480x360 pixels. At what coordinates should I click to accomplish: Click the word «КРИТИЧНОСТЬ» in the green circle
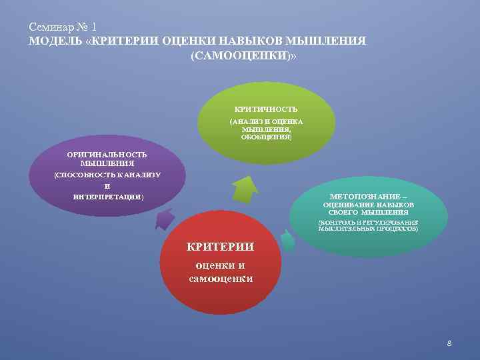click(x=266, y=109)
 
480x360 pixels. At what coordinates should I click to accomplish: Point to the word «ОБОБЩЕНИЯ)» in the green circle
click(x=266, y=137)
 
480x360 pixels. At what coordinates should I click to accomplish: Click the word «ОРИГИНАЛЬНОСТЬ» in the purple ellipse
click(x=107, y=155)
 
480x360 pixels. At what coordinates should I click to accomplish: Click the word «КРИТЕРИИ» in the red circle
click(x=220, y=247)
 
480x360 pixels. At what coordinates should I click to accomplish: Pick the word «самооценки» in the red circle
click(x=220, y=278)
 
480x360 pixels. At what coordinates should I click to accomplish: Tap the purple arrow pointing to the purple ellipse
click(x=165, y=219)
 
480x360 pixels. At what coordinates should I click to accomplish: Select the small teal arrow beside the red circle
click(x=287, y=240)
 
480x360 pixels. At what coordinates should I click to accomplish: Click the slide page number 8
click(x=449, y=343)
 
